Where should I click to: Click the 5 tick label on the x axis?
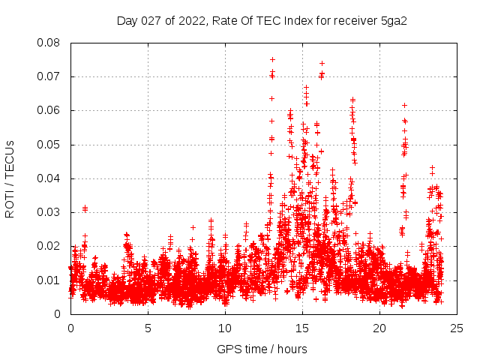[x=148, y=328]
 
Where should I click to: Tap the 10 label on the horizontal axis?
[x=225, y=328]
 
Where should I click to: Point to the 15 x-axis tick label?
[x=302, y=328]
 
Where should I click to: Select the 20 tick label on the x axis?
[x=379, y=328]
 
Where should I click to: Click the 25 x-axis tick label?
[x=457, y=328]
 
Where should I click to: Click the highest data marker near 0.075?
[x=272, y=59]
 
